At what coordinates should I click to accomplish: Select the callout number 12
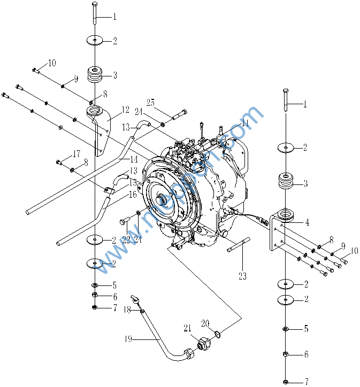[x=126, y=110]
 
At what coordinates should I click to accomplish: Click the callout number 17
[x=76, y=153]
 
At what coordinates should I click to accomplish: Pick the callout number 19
[x=127, y=338]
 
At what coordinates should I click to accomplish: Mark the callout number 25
[x=150, y=102]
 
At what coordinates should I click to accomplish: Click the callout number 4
[x=307, y=222]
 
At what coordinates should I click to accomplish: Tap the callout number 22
[x=125, y=239]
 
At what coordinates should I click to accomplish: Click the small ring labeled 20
[x=218, y=334]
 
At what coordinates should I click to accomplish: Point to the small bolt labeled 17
[x=58, y=161]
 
